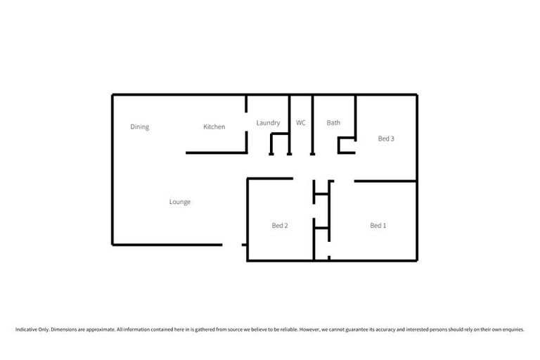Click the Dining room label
click(x=139, y=127)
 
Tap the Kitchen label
click(x=214, y=127)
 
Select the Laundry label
click(x=268, y=123)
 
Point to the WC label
click(x=300, y=123)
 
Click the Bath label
click(x=333, y=123)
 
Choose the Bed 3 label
click(x=386, y=139)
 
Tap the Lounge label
click(x=179, y=202)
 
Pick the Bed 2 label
click(x=280, y=226)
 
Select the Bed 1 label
click(x=378, y=226)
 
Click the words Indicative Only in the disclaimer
click(x=31, y=329)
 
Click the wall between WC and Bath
click(x=312, y=123)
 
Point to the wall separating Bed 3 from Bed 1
click(x=385, y=181)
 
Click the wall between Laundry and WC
click(x=289, y=123)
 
